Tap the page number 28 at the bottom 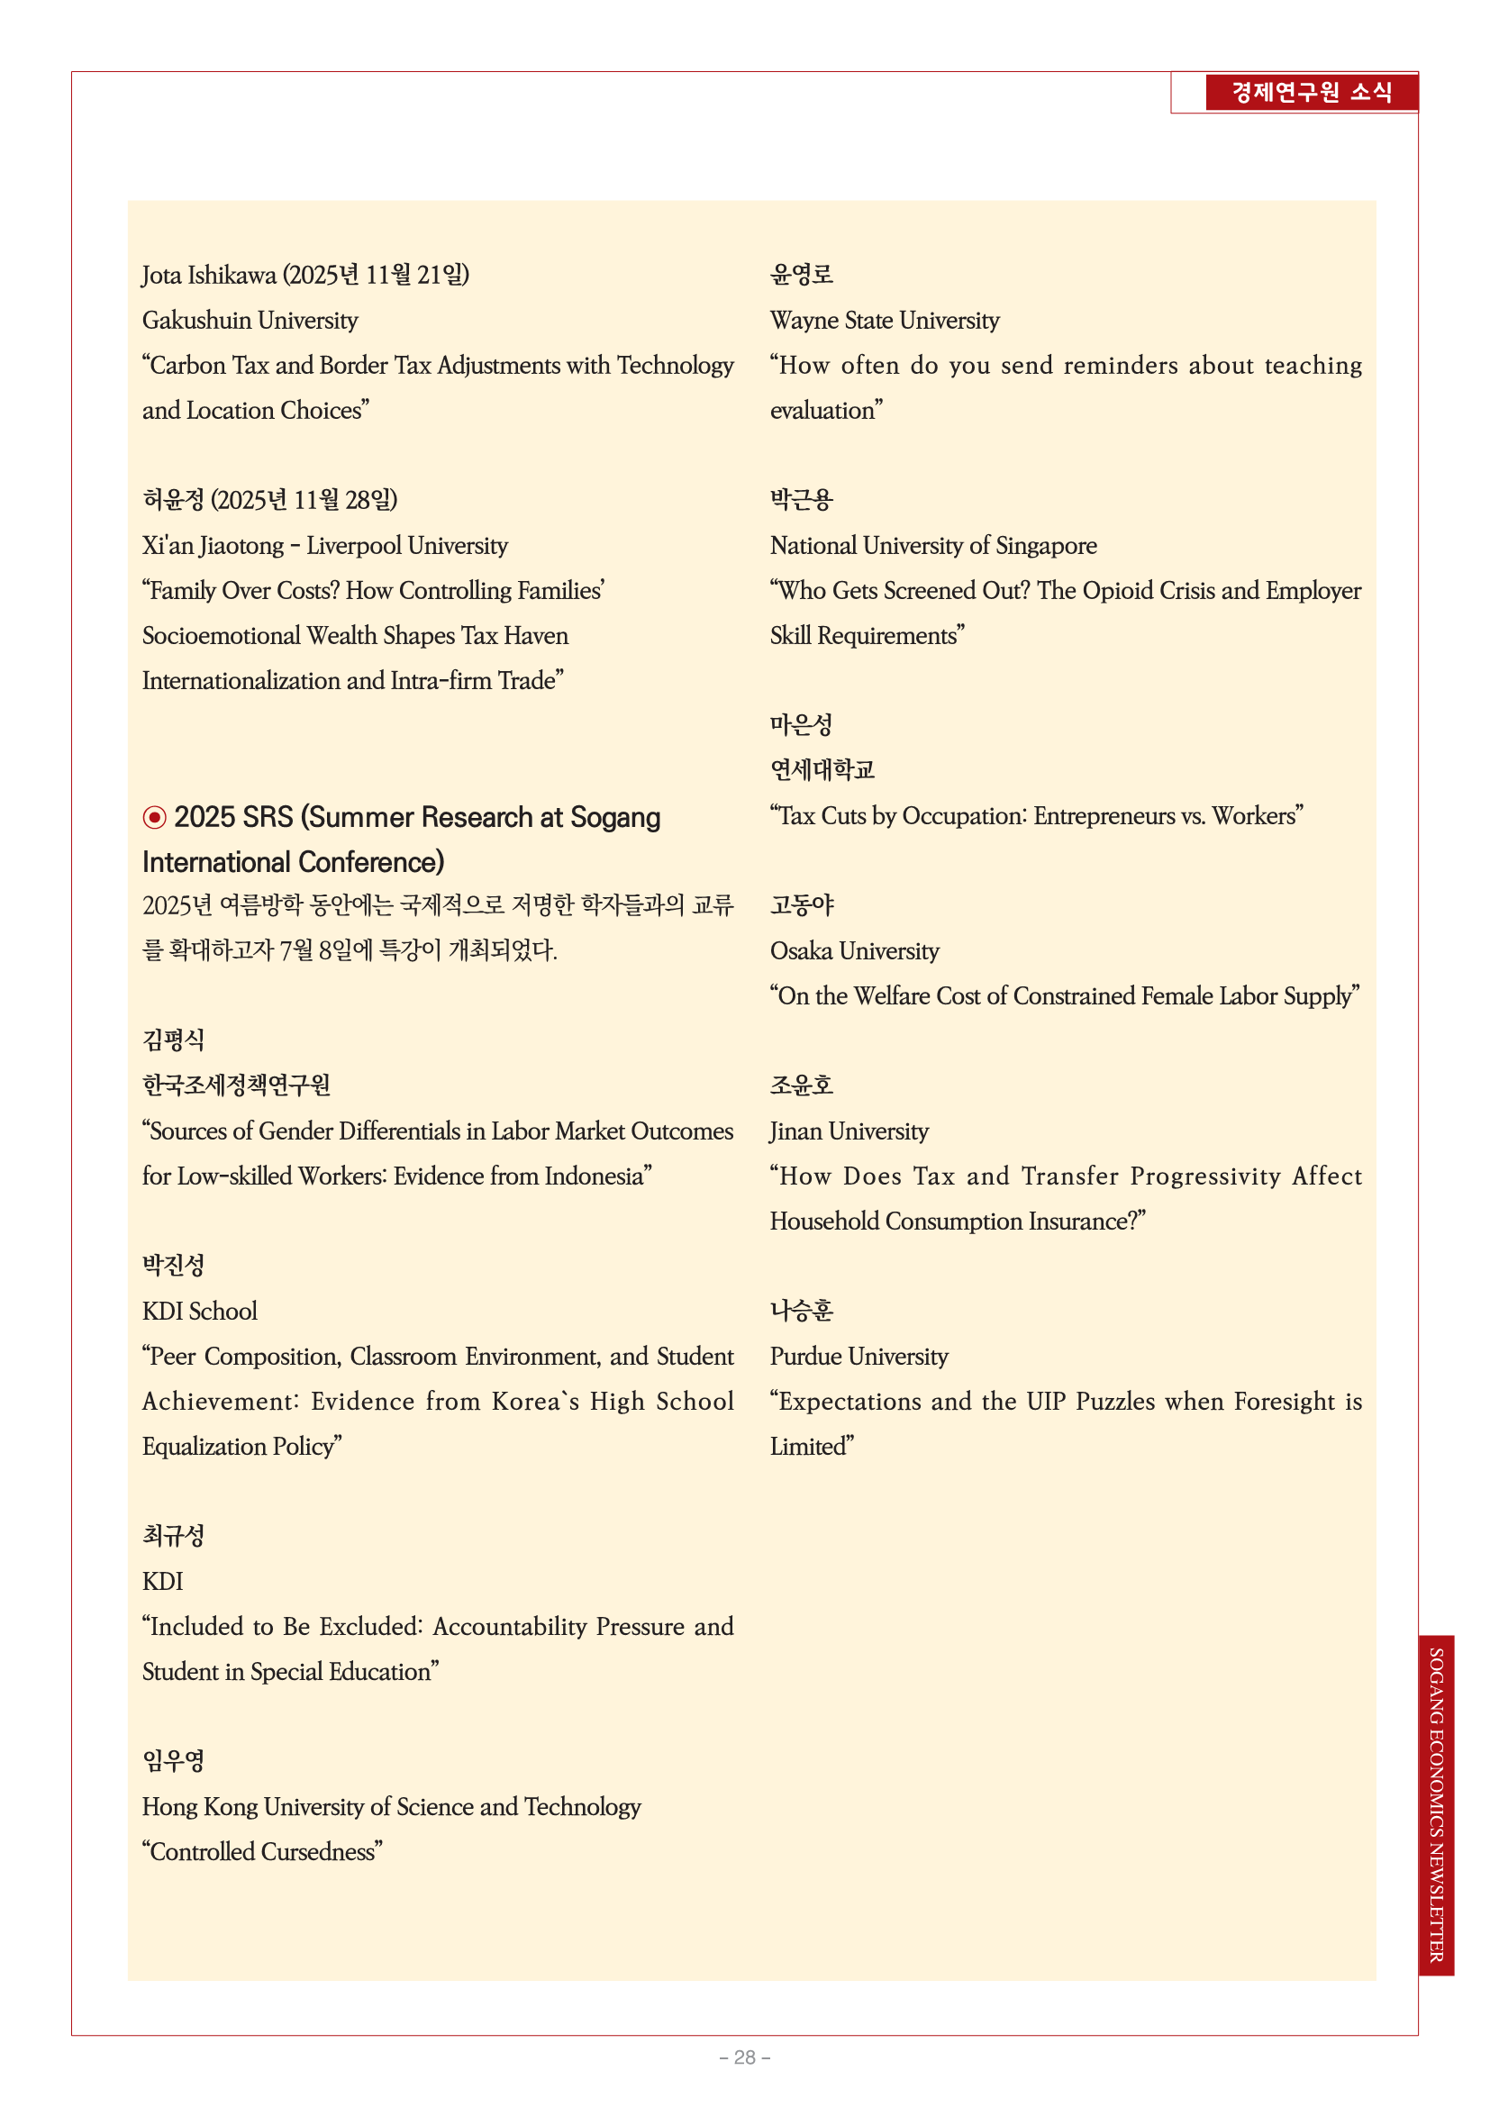pyautogui.click(x=744, y=2057)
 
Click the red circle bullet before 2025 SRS pyautogui.click(x=154, y=817)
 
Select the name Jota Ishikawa pyautogui.click(x=208, y=276)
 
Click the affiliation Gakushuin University pyautogui.click(x=250, y=321)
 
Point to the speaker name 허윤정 pyautogui.click(x=173, y=500)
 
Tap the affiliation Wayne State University pyautogui.click(x=885, y=321)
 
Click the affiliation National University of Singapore pyautogui.click(x=933, y=546)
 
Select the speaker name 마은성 pyautogui.click(x=801, y=725)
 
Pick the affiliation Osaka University pyautogui.click(x=854, y=950)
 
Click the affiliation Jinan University pyautogui.click(x=849, y=1131)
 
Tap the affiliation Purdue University pyautogui.click(x=859, y=1357)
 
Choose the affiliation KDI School pyautogui.click(x=199, y=1312)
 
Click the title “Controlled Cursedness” pyautogui.click(x=262, y=1852)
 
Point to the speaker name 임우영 pyautogui.click(x=173, y=1761)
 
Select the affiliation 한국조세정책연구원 pyautogui.click(x=236, y=1085)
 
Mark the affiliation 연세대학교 pyautogui.click(x=822, y=770)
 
